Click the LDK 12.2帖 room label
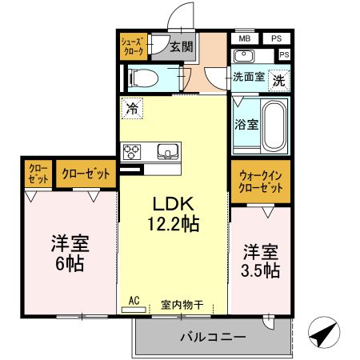[174, 214]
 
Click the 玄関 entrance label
[182, 46]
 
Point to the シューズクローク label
[132, 46]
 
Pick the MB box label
[244, 38]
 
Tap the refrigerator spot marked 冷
[132, 106]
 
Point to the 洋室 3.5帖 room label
[262, 261]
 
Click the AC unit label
[134, 300]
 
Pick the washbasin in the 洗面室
[244, 55]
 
